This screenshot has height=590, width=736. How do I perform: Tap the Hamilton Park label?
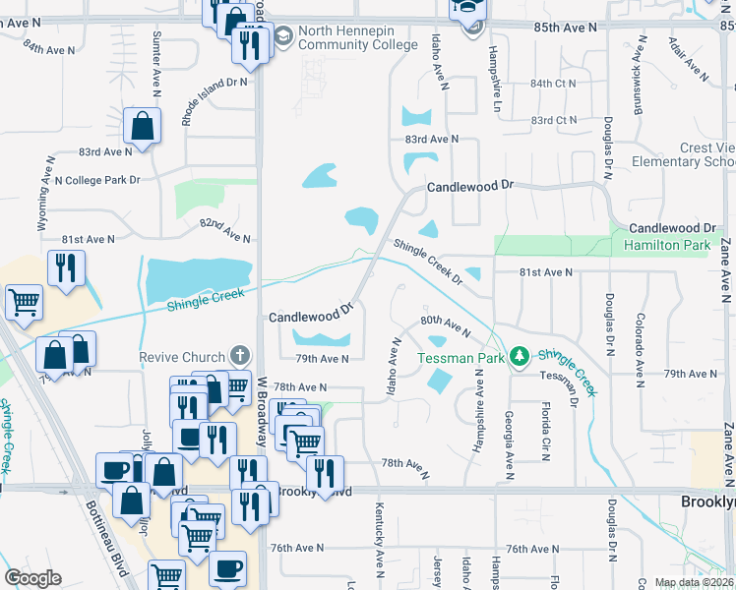click(x=666, y=247)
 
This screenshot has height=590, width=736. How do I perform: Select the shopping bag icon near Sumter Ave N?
click(x=142, y=127)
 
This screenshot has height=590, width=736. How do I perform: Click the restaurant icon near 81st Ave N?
click(x=66, y=268)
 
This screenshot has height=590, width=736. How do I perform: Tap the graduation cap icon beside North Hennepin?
click(x=281, y=37)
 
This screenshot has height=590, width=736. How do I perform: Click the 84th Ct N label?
click(x=553, y=84)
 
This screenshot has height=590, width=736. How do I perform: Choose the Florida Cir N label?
click(x=544, y=429)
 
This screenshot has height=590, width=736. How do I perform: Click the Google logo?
click(x=32, y=578)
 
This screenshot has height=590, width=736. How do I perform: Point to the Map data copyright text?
click(x=695, y=583)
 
